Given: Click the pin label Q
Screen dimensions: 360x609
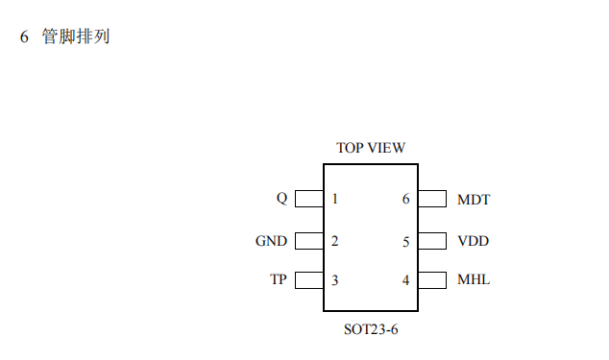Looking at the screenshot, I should (281, 199).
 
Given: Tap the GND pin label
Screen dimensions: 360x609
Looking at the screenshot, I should (271, 241).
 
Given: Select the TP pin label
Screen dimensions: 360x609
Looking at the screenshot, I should (279, 280).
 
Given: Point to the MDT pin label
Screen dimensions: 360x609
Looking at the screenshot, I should (474, 200).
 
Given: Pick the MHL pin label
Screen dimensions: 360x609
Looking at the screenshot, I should (474, 280).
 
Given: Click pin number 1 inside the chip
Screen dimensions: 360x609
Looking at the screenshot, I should (334, 200).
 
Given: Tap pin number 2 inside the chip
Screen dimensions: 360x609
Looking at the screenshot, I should (334, 241).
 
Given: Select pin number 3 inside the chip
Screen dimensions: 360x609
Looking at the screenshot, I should (334, 280).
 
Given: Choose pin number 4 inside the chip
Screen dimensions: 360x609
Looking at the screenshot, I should (406, 280).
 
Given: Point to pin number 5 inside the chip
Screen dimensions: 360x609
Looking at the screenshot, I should (406, 241).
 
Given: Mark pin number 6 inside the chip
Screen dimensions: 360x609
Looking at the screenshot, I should (406, 200).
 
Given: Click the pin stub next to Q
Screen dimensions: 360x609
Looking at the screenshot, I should (308, 199).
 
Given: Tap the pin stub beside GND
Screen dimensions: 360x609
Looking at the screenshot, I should (308, 240).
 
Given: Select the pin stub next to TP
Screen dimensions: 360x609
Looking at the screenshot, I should (308, 280).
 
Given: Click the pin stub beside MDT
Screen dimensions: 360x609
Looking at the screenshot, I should (432, 199).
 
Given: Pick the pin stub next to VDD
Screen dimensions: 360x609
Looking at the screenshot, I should (432, 240).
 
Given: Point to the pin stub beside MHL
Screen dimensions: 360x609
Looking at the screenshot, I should (432, 280).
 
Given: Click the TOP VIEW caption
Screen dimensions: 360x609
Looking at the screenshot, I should (371, 148).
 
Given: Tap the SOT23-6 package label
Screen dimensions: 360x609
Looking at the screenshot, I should (371, 329).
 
